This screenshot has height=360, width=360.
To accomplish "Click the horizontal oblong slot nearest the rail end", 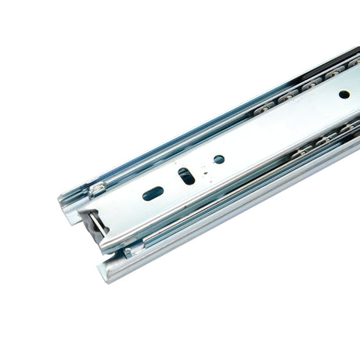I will pos(153,193).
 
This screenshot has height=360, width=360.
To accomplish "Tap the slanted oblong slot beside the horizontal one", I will pos(186,176).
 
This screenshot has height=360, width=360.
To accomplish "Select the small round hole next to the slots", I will pos(219,159).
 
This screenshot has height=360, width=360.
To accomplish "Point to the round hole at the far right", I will pos(344,94).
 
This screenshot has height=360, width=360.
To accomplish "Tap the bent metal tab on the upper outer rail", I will pos(97,188).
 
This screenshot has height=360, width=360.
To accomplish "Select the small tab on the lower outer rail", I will pos(126,252).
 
